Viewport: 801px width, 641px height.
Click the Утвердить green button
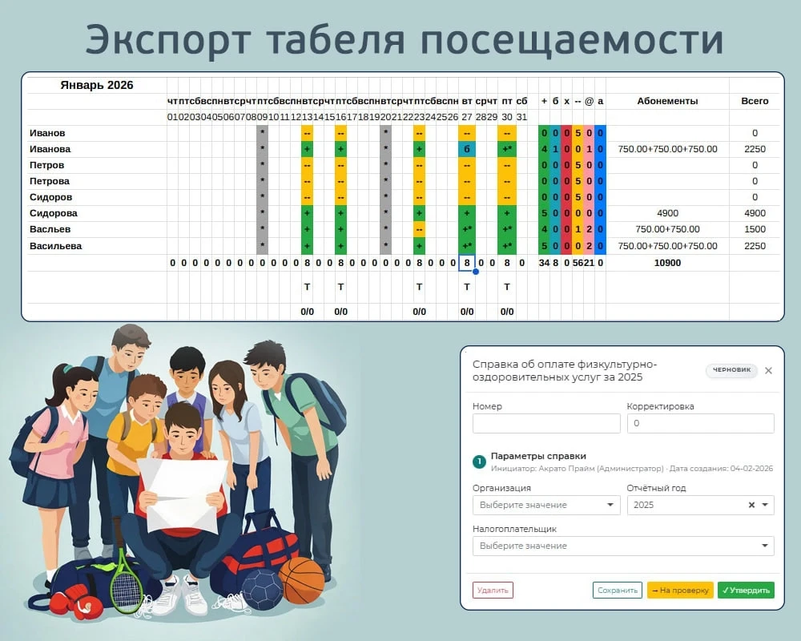pyautogui.click(x=746, y=591)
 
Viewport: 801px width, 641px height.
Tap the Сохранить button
pyautogui.click(x=617, y=591)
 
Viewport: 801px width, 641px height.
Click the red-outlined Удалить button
pyautogui.click(x=493, y=591)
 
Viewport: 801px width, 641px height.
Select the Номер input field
pyautogui.click(x=546, y=424)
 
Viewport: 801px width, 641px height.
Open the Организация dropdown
pyautogui.click(x=546, y=505)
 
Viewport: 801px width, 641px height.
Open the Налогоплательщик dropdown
pyautogui.click(x=623, y=546)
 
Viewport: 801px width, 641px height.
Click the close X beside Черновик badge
pyautogui.click(x=768, y=370)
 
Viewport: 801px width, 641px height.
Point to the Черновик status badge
pyautogui.click(x=731, y=370)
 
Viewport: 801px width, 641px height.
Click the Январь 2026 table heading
pyautogui.click(x=97, y=85)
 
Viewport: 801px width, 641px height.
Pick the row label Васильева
pyautogui.click(x=55, y=246)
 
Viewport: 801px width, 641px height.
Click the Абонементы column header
pyautogui.click(x=667, y=101)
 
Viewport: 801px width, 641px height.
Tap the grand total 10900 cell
pyautogui.click(x=667, y=263)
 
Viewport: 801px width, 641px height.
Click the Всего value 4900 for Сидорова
pyautogui.click(x=755, y=213)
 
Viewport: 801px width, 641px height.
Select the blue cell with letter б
pyautogui.click(x=466, y=149)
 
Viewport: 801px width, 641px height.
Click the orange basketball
pyautogui.click(x=302, y=580)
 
